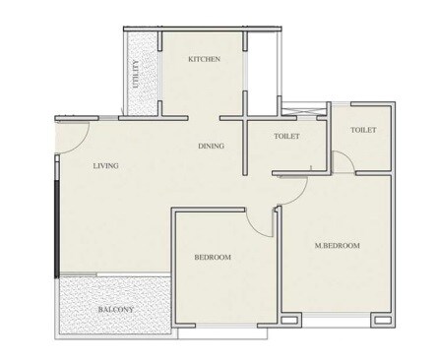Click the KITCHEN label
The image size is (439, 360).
click(x=203, y=60)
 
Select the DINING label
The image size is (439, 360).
click(x=211, y=147)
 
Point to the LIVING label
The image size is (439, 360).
click(x=106, y=166)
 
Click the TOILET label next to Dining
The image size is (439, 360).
click(x=286, y=137)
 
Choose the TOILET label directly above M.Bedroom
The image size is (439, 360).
click(x=362, y=130)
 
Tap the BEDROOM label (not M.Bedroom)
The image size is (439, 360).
click(x=212, y=257)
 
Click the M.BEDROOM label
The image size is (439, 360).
click(x=337, y=245)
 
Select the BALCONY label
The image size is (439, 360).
click(x=115, y=311)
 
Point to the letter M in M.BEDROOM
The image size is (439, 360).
click(x=317, y=245)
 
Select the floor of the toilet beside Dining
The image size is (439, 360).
click(x=286, y=152)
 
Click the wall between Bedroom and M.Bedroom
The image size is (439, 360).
click(x=279, y=266)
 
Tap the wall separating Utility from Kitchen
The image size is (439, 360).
click(x=158, y=74)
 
